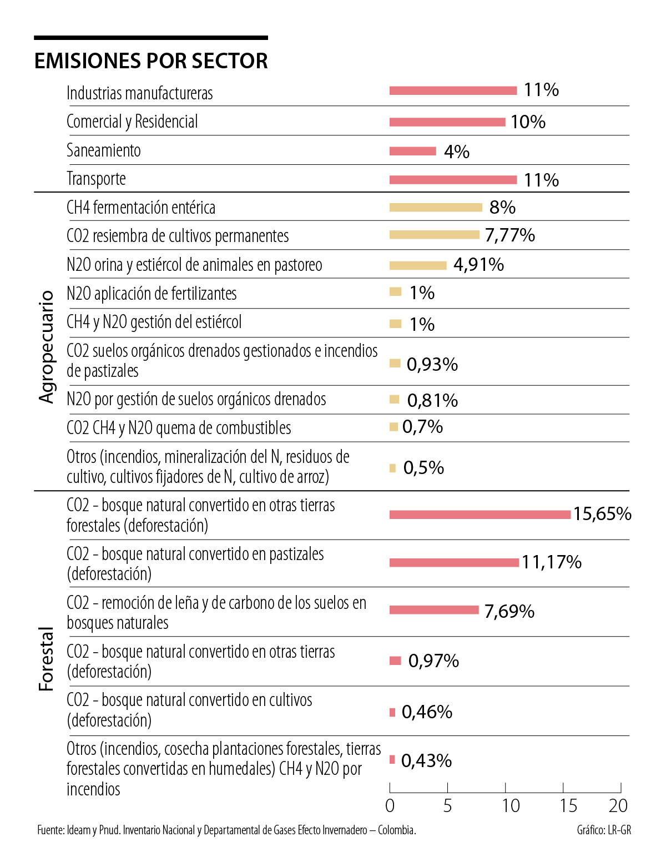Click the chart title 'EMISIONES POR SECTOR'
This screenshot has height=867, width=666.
[x=151, y=61]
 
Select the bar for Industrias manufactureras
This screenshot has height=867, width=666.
[x=453, y=90]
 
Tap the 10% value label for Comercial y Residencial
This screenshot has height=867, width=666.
[x=528, y=122]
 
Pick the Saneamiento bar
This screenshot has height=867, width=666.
[x=412, y=151]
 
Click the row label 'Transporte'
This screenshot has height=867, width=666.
[x=96, y=179]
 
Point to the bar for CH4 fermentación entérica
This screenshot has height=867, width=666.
[x=436, y=208]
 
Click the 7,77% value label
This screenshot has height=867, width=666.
[x=509, y=235]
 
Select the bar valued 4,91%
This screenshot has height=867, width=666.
[x=418, y=265]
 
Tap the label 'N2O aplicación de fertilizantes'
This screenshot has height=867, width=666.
[x=152, y=294]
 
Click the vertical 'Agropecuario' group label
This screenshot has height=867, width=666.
[x=47, y=346]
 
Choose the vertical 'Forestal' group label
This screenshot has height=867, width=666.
[x=47, y=659]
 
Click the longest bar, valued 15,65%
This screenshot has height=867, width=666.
[x=480, y=515]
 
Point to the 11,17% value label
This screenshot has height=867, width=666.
[x=551, y=562]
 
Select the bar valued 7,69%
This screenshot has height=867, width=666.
[x=434, y=610]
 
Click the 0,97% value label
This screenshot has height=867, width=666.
[x=433, y=661]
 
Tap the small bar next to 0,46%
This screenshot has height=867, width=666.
[x=392, y=712]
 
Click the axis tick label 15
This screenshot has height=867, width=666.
[x=568, y=806]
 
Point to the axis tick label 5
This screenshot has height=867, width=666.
[x=447, y=806]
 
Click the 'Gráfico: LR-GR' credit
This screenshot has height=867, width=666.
[x=604, y=830]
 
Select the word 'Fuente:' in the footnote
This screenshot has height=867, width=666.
[x=51, y=830]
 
